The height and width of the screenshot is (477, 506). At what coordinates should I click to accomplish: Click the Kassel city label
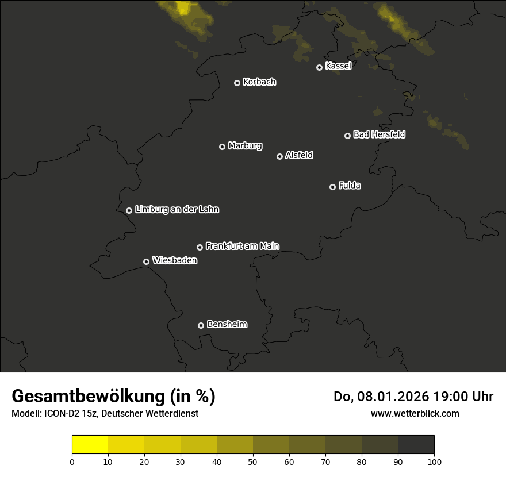coord(338,66)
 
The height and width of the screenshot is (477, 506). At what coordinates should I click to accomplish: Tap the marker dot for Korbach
coord(237,83)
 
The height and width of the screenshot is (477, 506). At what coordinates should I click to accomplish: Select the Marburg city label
coord(245,146)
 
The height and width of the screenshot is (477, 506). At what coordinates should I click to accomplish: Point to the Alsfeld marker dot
coord(279,156)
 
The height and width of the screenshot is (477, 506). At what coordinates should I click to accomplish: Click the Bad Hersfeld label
coord(379,134)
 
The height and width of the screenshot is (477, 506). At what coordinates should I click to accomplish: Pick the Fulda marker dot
coord(332,187)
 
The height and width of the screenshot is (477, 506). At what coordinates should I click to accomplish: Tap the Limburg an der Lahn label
coord(177,210)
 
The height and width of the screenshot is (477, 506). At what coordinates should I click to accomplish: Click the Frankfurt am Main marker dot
coord(200,247)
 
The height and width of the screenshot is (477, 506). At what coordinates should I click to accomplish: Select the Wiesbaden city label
coord(174,261)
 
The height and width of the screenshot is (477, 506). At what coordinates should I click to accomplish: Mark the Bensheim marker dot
coord(201,325)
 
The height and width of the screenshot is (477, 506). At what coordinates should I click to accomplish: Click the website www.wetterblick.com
coord(415,413)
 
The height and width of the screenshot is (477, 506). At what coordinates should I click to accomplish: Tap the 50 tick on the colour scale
coord(253,461)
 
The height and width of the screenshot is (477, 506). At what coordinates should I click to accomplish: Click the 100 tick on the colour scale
coord(434,461)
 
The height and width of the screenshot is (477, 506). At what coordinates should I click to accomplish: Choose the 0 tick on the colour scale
coord(72,461)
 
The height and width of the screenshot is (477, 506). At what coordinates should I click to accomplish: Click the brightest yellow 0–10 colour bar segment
coord(90,445)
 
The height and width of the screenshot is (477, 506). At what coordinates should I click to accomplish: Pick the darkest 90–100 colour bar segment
coord(416,445)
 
